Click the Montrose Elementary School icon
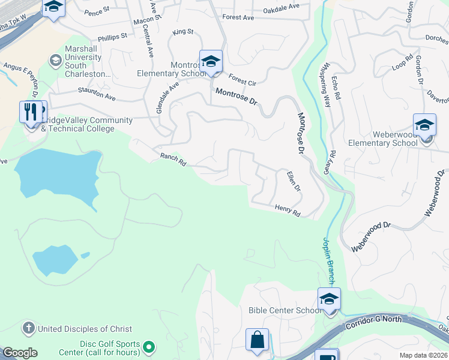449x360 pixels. coord(211,62)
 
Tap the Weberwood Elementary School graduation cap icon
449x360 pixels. coord(424,125)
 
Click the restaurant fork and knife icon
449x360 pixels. coord(32,112)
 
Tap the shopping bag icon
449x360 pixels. coord(257,340)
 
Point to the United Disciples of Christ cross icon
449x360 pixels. coord(28,328)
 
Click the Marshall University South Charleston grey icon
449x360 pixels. coord(56,61)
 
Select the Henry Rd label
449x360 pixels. coord(287,209)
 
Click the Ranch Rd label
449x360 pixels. coord(173,159)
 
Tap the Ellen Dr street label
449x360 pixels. coord(293,182)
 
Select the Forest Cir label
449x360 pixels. coord(242,80)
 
